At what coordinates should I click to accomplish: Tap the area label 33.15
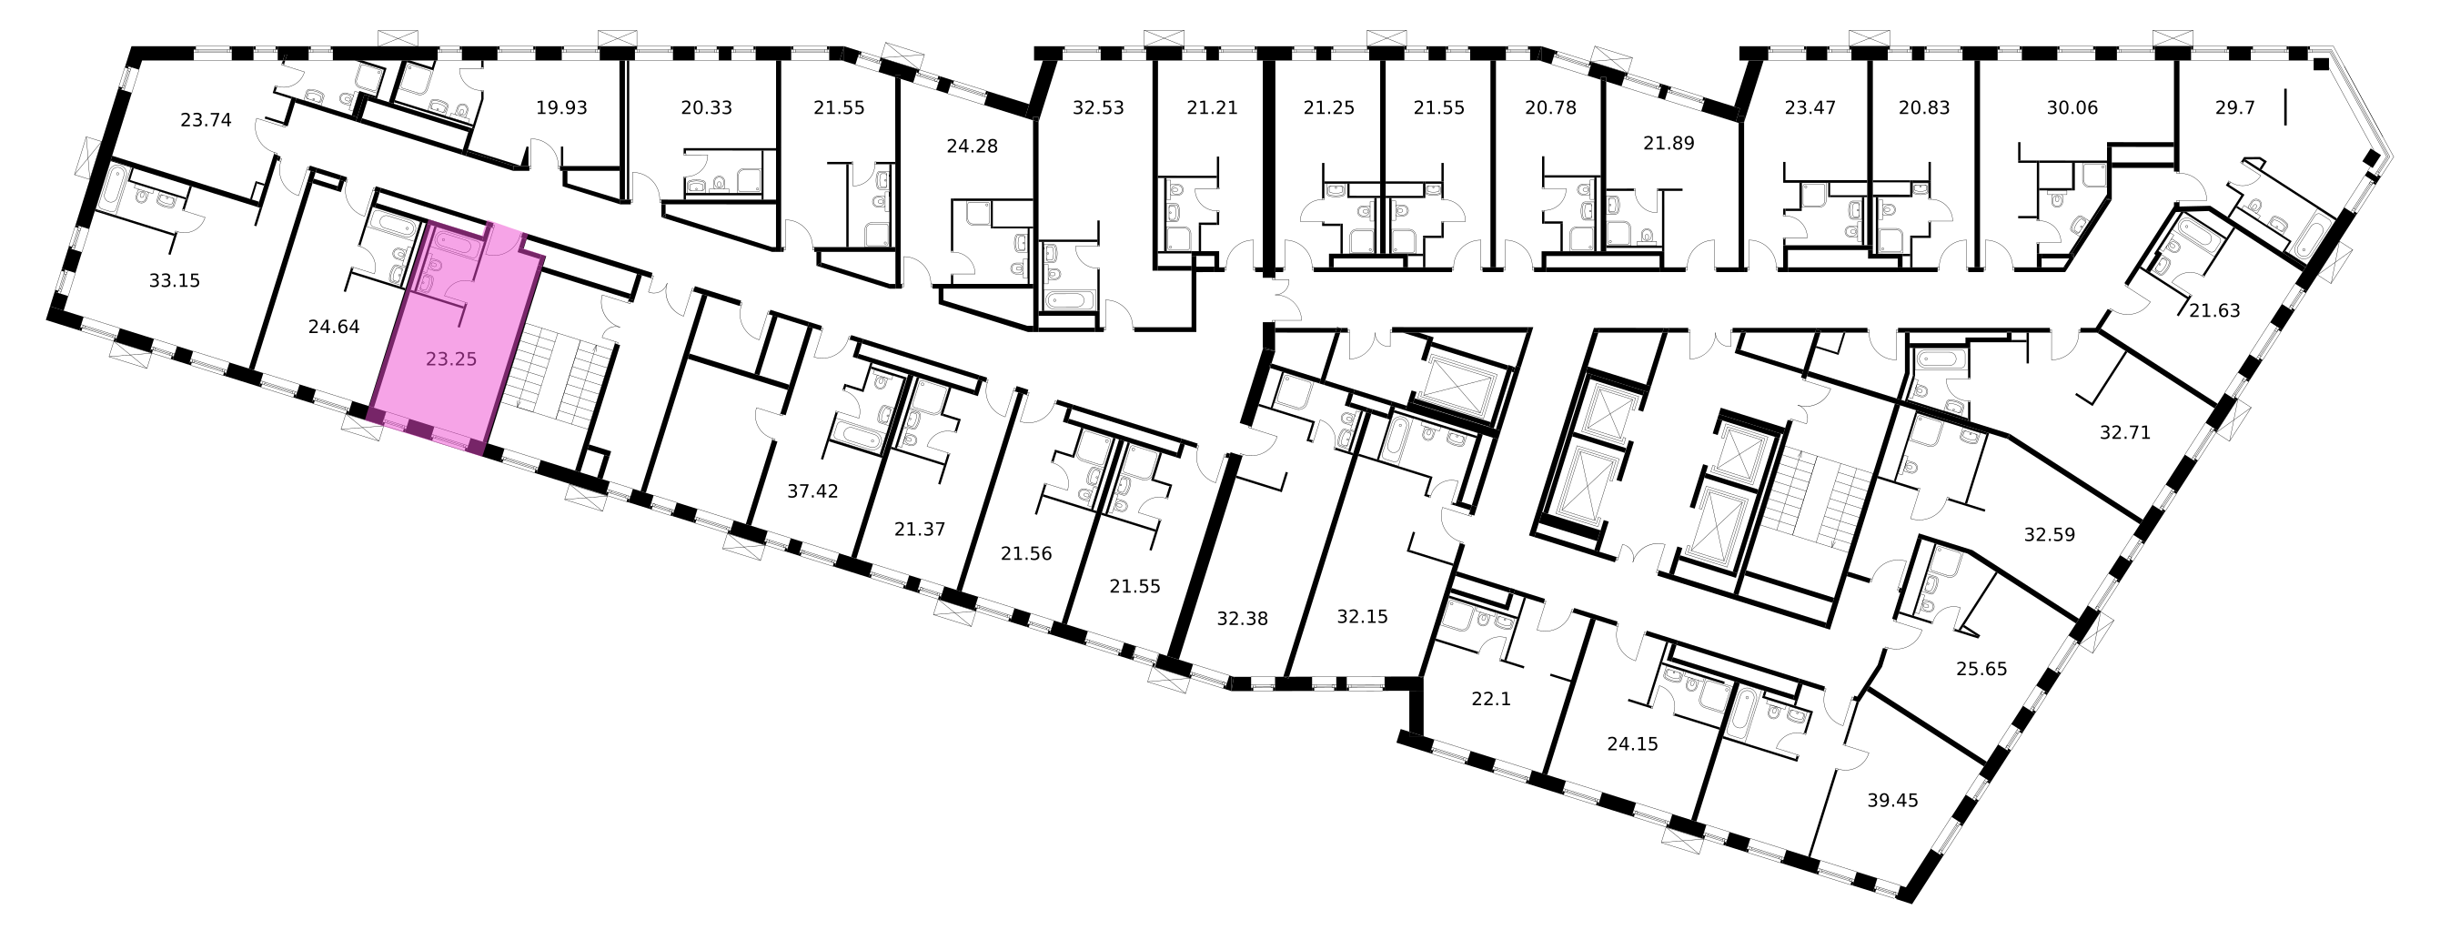pyautogui.click(x=176, y=280)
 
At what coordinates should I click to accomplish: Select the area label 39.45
pyautogui.click(x=1892, y=801)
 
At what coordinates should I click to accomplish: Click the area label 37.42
pyautogui.click(x=812, y=490)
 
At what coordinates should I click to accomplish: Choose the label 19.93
pyautogui.click(x=561, y=108)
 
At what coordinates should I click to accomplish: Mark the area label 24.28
pyautogui.click(x=972, y=147)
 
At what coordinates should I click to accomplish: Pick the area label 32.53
pyautogui.click(x=1098, y=108)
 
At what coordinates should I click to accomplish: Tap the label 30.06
pyautogui.click(x=2072, y=108)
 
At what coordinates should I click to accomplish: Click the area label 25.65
pyautogui.click(x=1981, y=669)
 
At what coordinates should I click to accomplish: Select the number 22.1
pyautogui.click(x=1491, y=699)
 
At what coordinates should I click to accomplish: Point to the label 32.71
pyautogui.click(x=2125, y=433)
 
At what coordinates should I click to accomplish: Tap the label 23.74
pyautogui.click(x=206, y=120)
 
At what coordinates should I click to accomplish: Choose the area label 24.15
pyautogui.click(x=1633, y=744)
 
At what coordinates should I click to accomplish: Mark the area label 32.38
pyautogui.click(x=1242, y=619)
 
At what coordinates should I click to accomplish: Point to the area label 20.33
pyautogui.click(x=707, y=108)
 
